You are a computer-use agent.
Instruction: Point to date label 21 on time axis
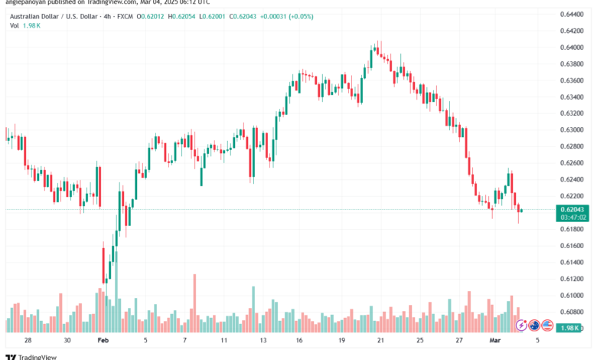point(380,339)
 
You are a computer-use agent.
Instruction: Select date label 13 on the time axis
point(262,339)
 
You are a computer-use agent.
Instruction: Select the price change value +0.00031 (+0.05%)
point(288,15)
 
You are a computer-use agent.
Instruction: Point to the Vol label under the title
point(14,25)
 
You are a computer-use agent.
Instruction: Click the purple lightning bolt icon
point(522,325)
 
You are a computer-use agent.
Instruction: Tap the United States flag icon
point(548,325)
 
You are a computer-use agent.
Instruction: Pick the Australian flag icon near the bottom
point(535,325)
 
